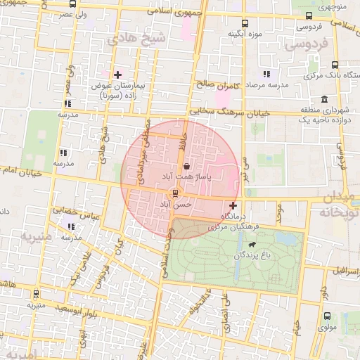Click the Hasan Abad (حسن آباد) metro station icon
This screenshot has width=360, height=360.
point(175,193)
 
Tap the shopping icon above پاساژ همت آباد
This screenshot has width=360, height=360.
point(186,167)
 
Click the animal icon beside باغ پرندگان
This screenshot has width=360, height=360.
point(251,244)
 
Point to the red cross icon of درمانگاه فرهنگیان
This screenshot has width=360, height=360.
point(233,206)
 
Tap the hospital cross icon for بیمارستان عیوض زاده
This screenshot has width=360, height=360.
point(117,74)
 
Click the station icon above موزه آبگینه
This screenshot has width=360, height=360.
point(245,23)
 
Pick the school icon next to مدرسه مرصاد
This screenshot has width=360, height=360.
point(266,74)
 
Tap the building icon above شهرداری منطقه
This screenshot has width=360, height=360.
point(323,99)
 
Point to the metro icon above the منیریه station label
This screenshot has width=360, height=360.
point(37,295)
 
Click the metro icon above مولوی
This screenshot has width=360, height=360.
point(328,316)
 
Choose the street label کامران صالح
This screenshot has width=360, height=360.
point(218,85)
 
